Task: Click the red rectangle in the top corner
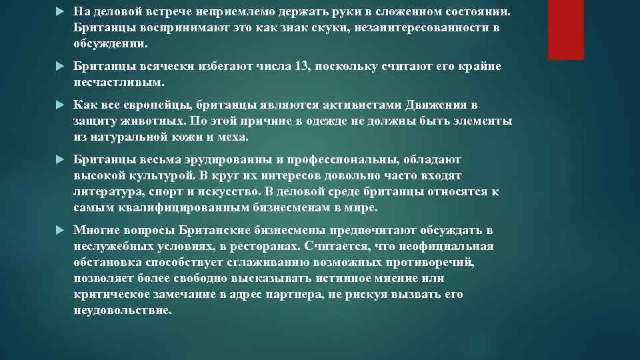[x=565, y=29]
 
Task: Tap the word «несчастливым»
[x=117, y=83]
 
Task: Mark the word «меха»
[x=233, y=138]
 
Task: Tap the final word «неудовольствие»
[x=123, y=310]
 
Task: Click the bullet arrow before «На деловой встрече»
[x=61, y=13]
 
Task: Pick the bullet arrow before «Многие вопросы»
[x=61, y=230]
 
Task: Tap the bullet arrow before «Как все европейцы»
[x=61, y=106]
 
